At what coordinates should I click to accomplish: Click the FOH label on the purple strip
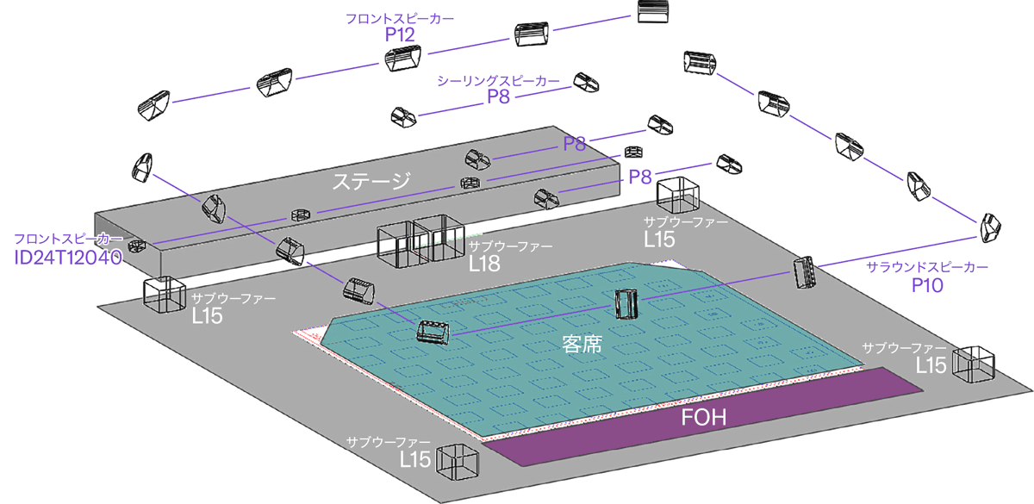coord(704,419)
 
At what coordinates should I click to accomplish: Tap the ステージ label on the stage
coord(372,182)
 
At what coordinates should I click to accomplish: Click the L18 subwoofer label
coord(484,264)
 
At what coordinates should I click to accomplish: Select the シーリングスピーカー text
coord(498,81)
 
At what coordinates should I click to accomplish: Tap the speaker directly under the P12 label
coord(402,59)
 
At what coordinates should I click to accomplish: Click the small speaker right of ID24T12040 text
coord(136,246)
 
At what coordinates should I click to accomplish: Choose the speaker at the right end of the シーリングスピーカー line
coord(586,82)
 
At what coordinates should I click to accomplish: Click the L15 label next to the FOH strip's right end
coord(931,364)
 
